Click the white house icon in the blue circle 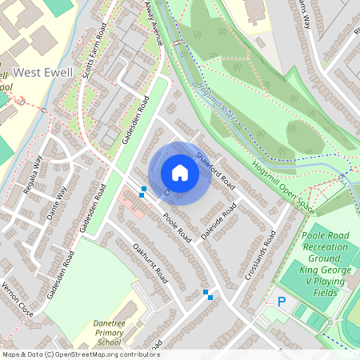(x=180, y=173)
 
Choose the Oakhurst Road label (x=150, y=265)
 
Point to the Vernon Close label (x=17, y=298)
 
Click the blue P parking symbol (x=281, y=302)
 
